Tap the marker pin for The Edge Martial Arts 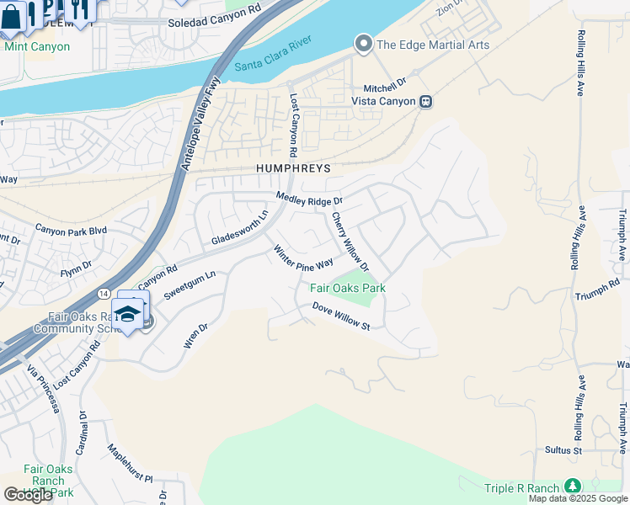363,44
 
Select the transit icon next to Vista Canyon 426,101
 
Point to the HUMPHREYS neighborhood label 294,169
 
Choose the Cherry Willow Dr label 350,241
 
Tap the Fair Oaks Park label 348,288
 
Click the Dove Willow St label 341,316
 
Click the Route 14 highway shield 101,291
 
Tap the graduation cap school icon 127,315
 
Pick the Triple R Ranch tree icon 573,486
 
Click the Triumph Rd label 597,296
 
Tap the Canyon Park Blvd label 71,230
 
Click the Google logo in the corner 28,495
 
